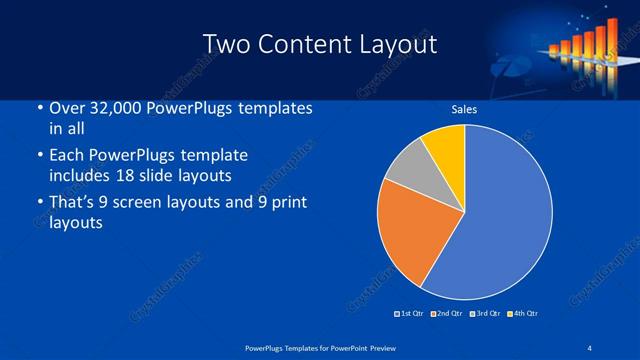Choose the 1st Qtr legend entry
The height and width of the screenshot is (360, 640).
[x=410, y=314]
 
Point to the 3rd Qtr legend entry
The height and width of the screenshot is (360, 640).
[x=485, y=314]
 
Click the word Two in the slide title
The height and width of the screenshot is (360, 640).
[x=227, y=45]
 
